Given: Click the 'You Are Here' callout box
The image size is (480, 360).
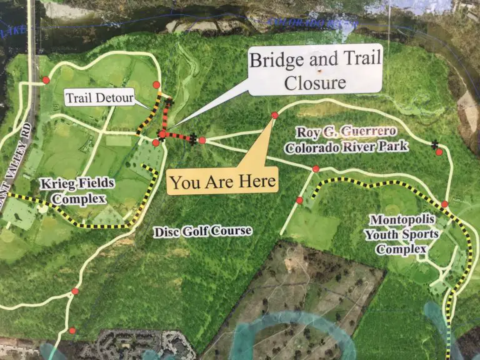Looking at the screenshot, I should (222, 182).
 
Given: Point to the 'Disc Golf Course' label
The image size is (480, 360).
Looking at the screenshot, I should (202, 231).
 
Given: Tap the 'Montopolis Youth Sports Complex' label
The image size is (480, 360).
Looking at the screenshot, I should (403, 234).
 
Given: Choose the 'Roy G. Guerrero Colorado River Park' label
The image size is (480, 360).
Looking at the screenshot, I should (346, 139).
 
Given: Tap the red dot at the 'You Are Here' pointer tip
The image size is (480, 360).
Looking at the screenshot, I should (274, 116).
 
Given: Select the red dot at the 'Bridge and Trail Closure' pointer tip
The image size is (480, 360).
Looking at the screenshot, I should (162, 134).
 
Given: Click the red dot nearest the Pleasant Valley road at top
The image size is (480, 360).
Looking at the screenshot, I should (46, 80).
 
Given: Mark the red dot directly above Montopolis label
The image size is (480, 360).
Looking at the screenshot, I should (444, 204).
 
